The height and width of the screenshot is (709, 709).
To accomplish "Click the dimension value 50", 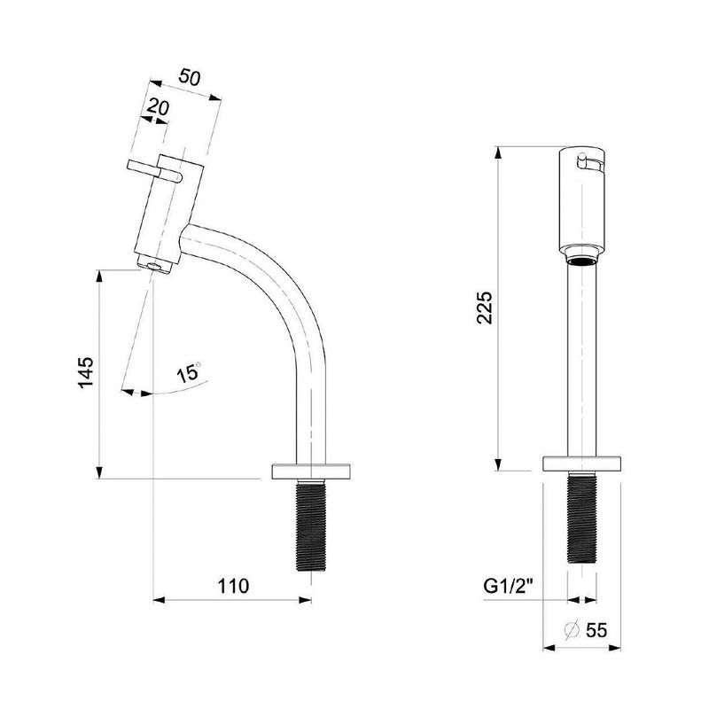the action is (x=189, y=77).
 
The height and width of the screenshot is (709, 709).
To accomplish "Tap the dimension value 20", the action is (x=159, y=107).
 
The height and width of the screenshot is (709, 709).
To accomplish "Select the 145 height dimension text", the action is (x=86, y=372).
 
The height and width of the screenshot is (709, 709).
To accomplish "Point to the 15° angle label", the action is (x=189, y=373).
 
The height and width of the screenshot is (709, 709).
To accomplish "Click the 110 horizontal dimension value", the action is (x=233, y=586).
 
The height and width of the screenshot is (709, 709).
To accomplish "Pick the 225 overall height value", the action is (x=484, y=308).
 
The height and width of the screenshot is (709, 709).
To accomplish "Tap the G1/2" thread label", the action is (x=508, y=586).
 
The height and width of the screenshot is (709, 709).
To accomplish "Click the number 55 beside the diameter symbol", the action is (x=596, y=630).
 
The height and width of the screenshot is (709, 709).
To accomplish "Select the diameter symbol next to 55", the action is (x=572, y=630).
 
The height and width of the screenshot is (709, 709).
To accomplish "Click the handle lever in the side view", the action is (x=153, y=170).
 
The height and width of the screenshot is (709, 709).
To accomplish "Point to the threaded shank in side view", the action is (x=312, y=525).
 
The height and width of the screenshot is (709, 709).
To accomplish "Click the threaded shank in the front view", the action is (x=582, y=518).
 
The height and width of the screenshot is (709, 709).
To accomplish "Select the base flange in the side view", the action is (x=311, y=471).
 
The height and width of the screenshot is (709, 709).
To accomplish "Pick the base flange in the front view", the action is (x=582, y=464).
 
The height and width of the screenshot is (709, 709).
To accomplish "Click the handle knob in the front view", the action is (x=582, y=161).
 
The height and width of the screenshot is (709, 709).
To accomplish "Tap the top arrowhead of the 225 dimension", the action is (x=498, y=152).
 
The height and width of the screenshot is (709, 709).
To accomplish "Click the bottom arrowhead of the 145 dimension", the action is (x=99, y=472).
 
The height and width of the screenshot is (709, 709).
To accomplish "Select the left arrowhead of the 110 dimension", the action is (x=160, y=600).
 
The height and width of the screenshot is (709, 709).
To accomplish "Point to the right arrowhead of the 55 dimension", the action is (x=614, y=648).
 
